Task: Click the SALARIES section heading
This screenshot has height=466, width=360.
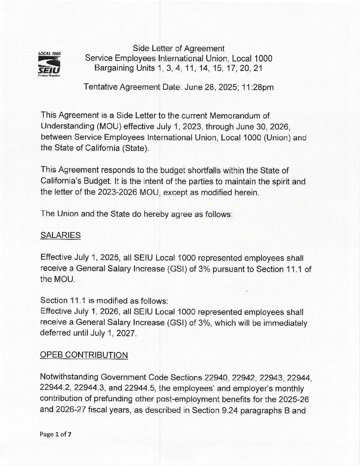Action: (x=60, y=235)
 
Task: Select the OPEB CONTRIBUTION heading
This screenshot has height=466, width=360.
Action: (x=84, y=355)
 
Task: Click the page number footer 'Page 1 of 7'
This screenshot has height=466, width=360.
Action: (x=56, y=434)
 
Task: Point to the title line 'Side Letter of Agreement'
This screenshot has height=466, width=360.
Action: (x=178, y=49)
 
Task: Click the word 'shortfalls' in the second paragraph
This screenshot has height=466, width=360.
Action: (x=178, y=170)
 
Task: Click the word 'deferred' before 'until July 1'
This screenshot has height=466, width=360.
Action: (x=54, y=333)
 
